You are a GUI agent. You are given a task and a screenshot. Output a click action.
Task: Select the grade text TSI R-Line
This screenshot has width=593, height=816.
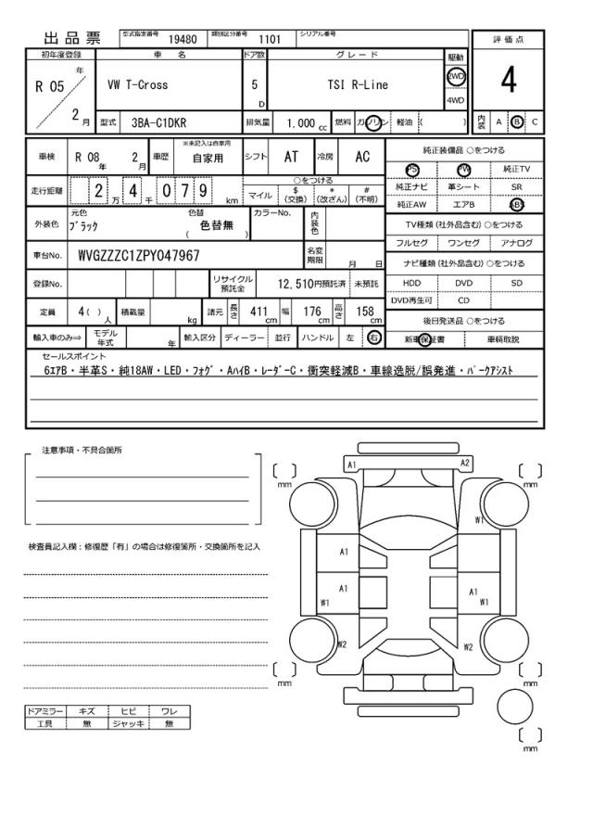(358, 85)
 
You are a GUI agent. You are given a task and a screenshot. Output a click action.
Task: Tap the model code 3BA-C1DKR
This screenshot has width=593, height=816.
(158, 121)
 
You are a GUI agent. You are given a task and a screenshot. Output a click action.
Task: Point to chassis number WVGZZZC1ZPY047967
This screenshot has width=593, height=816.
(139, 255)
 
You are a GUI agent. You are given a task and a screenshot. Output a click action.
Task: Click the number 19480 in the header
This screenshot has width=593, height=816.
(183, 39)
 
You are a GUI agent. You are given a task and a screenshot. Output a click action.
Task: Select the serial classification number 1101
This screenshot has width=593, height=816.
(269, 39)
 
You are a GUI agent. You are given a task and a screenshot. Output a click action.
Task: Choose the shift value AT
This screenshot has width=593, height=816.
(290, 158)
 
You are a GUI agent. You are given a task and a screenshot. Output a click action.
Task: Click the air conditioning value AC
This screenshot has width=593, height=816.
(362, 158)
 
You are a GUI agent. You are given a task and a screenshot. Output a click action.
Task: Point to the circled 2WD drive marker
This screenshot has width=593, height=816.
(456, 78)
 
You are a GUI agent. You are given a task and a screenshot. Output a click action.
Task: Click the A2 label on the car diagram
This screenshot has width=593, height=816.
(465, 463)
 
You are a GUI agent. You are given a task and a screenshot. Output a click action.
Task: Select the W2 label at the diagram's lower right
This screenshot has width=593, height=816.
(469, 647)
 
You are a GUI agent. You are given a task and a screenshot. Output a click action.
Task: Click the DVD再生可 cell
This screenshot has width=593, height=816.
(411, 300)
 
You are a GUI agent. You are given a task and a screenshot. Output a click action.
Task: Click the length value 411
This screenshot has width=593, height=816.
(259, 312)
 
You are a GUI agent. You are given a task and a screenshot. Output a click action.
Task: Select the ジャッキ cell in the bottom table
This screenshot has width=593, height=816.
(123, 724)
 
